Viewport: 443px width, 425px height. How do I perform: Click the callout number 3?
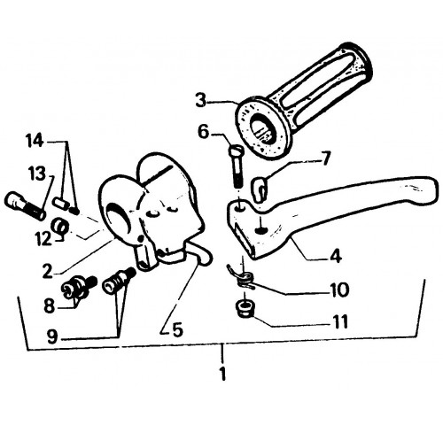click(201, 100)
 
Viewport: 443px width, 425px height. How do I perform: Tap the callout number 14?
click(35, 141)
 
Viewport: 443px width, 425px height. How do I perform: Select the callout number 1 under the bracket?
click(223, 374)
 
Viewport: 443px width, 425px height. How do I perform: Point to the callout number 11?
click(340, 321)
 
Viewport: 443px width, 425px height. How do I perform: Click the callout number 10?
click(340, 290)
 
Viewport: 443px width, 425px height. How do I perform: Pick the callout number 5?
click(177, 329)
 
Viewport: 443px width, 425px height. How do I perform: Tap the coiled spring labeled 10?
click(241, 279)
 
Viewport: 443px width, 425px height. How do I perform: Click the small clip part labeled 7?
click(260, 189)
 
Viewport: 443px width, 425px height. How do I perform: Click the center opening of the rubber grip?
click(261, 128)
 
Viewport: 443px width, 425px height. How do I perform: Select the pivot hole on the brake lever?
click(240, 208)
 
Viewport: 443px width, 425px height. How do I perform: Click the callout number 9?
click(52, 336)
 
